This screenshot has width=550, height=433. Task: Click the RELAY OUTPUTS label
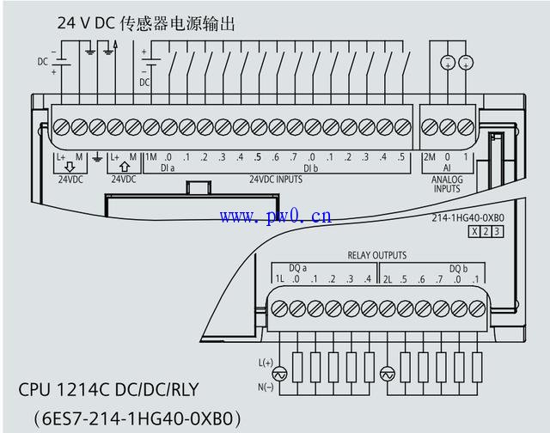tap(376, 255)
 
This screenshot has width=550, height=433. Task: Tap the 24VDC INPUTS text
tap(275, 180)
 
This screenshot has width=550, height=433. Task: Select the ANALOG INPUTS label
tap(446, 184)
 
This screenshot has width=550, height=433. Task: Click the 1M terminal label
tap(150, 157)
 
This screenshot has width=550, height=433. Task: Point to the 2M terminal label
tap(429, 157)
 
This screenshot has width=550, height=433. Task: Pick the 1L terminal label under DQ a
tap(279, 279)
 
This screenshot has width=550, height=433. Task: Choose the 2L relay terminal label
tap(388, 279)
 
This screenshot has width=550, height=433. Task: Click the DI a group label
tap(168, 168)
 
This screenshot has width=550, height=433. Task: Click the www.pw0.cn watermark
tap(275, 216)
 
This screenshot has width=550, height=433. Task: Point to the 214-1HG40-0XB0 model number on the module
tap(467, 218)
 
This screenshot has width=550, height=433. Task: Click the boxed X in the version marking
tap(474, 232)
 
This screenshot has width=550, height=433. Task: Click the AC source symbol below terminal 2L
tap(388, 375)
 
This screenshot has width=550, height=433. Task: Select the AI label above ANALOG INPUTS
tap(446, 168)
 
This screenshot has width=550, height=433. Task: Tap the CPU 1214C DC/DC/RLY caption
tap(108, 390)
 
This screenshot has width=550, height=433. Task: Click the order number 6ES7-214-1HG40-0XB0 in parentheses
tap(133, 418)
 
